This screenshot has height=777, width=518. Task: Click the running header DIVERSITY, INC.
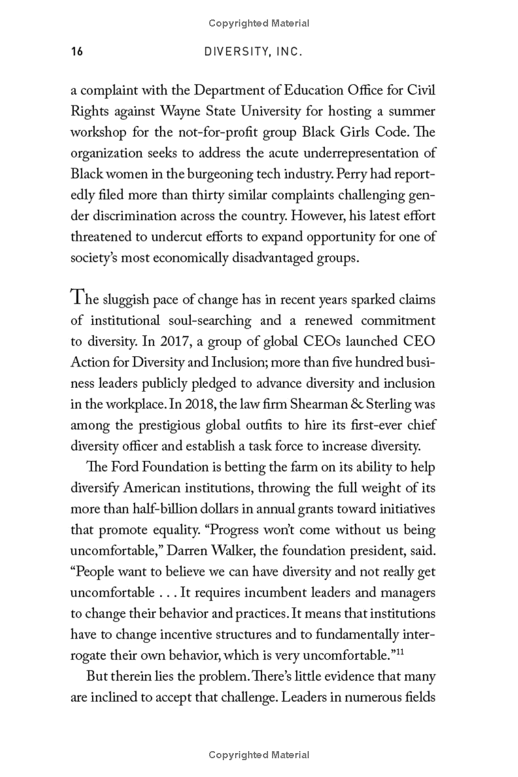pyautogui.click(x=253, y=52)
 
